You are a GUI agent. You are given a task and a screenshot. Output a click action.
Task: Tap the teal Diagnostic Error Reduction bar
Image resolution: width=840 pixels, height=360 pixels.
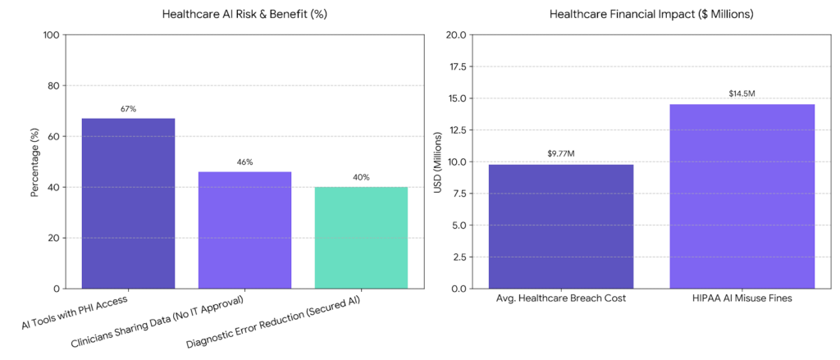click(361, 238)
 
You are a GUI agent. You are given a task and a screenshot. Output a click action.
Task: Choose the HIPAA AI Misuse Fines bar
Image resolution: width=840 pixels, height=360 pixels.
click(742, 196)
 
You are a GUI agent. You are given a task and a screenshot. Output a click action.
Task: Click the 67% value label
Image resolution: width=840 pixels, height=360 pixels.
click(128, 109)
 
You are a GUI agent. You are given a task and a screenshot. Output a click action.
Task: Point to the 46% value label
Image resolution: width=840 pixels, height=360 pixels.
click(244, 162)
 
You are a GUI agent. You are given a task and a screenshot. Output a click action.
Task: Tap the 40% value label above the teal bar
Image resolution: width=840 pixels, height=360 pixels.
click(361, 177)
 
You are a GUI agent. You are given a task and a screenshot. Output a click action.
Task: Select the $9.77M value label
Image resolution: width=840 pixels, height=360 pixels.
click(560, 154)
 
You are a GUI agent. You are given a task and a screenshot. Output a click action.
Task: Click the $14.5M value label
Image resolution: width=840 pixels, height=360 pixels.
click(742, 93)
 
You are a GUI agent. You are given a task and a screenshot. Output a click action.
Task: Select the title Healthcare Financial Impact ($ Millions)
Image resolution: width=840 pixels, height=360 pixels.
click(651, 14)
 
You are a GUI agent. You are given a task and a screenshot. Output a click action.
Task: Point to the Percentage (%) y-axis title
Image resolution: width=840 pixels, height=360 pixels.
click(34, 162)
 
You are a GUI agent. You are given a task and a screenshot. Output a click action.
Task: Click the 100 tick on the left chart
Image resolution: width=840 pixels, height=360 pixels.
click(52, 35)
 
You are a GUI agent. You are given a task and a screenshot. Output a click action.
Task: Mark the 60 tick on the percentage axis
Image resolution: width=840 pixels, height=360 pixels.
click(55, 137)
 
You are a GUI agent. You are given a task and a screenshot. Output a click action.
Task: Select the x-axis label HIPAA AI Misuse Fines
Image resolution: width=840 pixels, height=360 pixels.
click(742, 298)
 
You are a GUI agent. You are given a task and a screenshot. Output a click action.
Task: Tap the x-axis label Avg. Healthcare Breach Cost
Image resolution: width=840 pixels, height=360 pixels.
click(560, 298)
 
